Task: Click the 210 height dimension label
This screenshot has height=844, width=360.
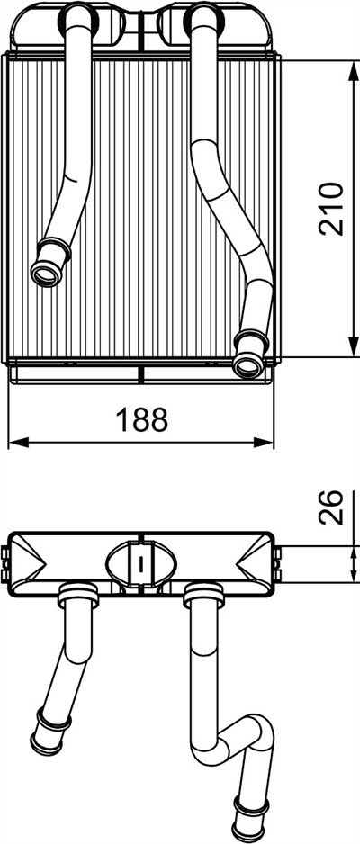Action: (x=330, y=209)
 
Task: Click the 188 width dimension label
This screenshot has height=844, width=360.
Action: (x=142, y=419)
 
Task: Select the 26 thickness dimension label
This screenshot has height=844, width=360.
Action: (x=330, y=507)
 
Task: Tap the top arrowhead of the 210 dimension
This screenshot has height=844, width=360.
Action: (x=354, y=72)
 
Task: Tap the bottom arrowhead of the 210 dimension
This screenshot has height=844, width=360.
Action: (x=354, y=345)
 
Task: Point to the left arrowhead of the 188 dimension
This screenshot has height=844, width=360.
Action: (x=20, y=443)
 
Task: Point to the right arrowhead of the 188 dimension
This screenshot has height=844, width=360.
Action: (x=263, y=443)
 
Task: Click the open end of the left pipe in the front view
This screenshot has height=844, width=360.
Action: (x=47, y=274)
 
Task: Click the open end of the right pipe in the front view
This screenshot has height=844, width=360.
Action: (x=248, y=365)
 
